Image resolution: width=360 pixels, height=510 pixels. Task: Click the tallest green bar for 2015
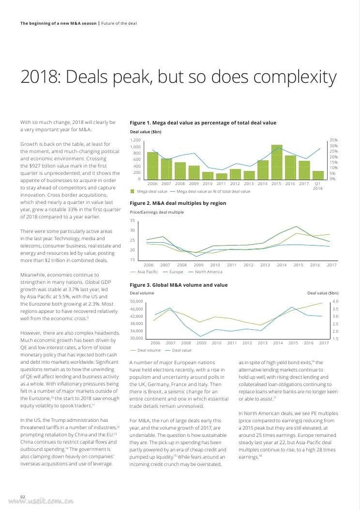tap(277, 162)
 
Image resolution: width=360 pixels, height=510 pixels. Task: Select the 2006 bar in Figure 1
tap(152, 166)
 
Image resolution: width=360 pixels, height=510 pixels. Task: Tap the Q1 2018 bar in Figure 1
tap(318, 175)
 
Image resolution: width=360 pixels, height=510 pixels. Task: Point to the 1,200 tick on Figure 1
tap(135, 140)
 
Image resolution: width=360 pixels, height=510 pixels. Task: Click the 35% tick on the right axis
tap(333, 140)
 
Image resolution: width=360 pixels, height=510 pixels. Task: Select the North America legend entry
tap(208, 272)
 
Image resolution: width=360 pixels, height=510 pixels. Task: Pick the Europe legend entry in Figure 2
tap(176, 272)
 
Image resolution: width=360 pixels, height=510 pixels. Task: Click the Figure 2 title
tap(178, 203)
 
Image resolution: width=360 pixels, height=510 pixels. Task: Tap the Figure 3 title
tap(179, 284)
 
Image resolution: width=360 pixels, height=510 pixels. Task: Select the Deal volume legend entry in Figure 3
tap(149, 350)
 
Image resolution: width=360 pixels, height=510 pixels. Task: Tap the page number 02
tap(23, 495)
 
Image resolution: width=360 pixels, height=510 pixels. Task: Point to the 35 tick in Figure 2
tap(133, 220)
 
